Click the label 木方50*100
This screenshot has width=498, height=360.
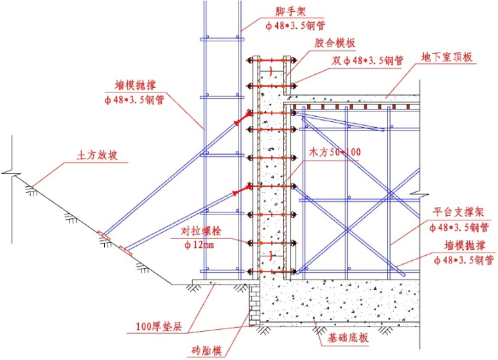[x=335, y=152]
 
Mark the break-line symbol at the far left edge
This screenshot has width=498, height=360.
[x=8, y=172]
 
